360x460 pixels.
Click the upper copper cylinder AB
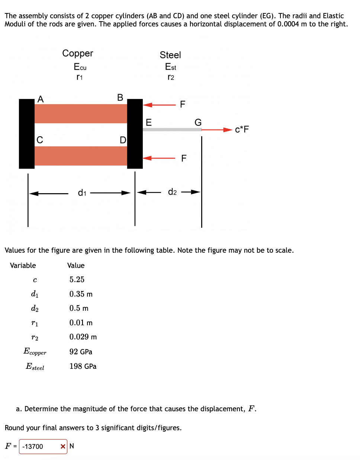point(81,114)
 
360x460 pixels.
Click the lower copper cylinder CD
point(81,156)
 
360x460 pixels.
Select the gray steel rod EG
point(172,130)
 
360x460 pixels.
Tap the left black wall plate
point(27,134)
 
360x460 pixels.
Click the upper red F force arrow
point(159,105)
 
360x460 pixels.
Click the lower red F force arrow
point(159,158)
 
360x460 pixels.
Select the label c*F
point(242,130)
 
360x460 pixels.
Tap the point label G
point(198,122)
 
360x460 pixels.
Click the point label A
point(41,99)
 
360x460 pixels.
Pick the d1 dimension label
point(82,193)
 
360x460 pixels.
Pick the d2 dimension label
point(172,192)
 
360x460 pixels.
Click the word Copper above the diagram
point(78,53)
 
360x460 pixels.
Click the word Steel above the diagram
point(170,55)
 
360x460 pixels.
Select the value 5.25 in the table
point(77,279)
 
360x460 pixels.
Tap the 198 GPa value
point(83,366)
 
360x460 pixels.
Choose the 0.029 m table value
point(83,337)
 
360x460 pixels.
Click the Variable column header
point(23,265)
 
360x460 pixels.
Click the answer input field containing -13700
point(39,446)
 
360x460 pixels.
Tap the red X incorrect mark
point(63,446)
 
